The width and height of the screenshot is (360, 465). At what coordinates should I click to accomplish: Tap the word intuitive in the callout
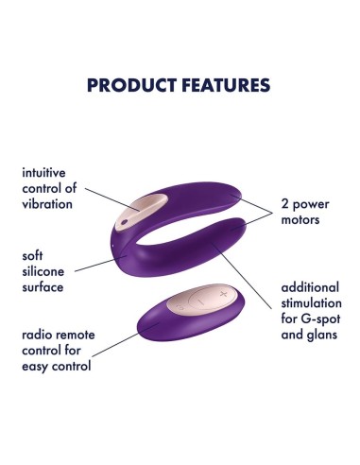pos(51,174)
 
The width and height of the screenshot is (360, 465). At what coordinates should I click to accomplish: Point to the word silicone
pos(50,270)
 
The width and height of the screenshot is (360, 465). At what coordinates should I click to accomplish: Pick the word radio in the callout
pos(37,336)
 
